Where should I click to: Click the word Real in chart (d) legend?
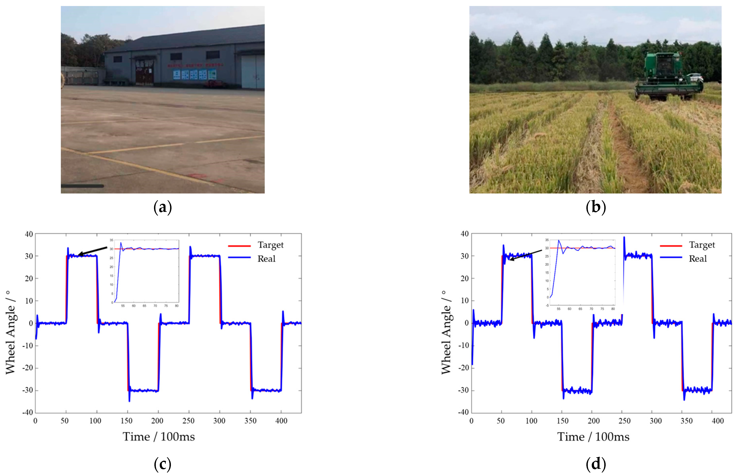tap(698, 259)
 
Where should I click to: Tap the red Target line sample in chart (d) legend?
tap(671, 246)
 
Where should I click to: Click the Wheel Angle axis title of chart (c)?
tap(11, 332)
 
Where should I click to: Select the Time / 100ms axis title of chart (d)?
tap(593, 437)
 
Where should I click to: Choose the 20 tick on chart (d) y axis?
tap(465, 278)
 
